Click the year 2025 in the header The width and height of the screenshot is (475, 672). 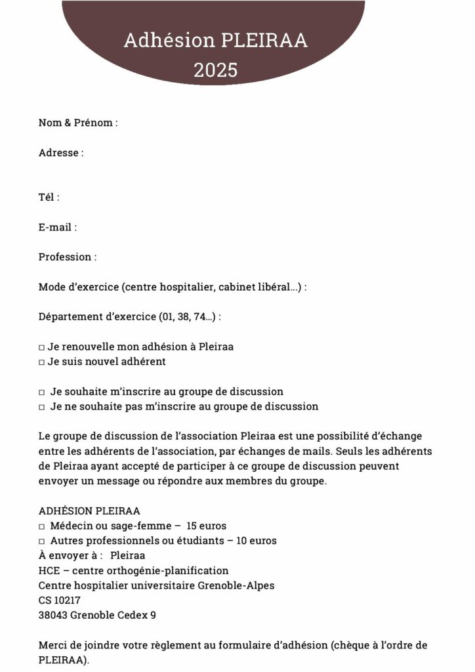pos(215,70)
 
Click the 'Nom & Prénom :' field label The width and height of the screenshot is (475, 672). pos(78,123)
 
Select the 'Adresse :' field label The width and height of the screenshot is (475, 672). pos(61,153)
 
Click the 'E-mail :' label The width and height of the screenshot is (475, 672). pos(58,227)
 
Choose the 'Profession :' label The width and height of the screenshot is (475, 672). pos(68,257)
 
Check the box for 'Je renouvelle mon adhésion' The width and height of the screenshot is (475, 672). pos(41,346)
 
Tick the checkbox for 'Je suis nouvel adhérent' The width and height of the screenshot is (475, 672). pos(41,362)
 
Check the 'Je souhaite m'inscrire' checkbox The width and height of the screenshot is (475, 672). pos(41,392)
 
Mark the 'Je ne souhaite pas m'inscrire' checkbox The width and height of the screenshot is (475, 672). pos(41,407)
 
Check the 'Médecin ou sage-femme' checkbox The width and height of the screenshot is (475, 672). pos(41,526)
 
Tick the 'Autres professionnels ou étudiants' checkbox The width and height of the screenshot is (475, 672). pos(41,541)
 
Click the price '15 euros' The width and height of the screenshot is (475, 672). pos(207,526)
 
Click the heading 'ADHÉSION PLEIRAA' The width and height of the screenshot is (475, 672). pos(89,511)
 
